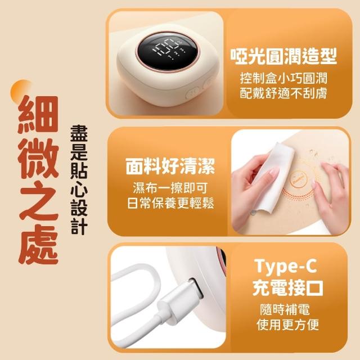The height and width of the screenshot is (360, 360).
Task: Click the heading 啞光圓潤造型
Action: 283,56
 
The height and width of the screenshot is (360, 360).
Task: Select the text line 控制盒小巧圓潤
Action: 283,78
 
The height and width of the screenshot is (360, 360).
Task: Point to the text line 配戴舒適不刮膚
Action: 283,93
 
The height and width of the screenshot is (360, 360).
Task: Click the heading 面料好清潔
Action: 170,166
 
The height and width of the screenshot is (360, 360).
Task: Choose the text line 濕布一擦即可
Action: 170,188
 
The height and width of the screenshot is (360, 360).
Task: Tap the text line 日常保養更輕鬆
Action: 170,203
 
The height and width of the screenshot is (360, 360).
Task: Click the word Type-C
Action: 286,266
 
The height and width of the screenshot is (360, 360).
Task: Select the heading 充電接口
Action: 288,287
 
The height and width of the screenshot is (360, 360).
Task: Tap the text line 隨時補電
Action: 285,309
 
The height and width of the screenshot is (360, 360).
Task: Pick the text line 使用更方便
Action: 288,325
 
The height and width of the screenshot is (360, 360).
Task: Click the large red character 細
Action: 38,114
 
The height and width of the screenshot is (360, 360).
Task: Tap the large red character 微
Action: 38,159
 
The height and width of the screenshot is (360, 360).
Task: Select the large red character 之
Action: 38,201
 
